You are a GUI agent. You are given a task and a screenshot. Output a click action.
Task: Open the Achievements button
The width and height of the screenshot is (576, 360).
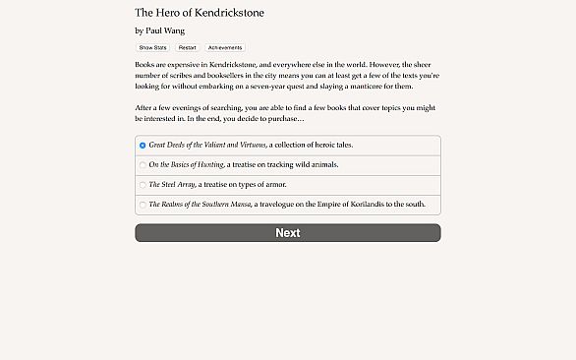click(224, 47)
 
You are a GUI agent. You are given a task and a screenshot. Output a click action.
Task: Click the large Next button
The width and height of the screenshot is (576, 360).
click(287, 233)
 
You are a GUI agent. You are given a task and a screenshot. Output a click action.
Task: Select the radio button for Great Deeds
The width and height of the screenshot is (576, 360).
click(143, 146)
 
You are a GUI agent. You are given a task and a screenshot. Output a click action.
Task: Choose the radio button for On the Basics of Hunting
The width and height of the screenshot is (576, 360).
click(143, 165)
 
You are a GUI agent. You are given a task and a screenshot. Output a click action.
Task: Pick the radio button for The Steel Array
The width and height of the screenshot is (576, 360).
click(143, 185)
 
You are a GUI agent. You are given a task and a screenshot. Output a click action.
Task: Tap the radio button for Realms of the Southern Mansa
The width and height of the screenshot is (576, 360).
click(143, 205)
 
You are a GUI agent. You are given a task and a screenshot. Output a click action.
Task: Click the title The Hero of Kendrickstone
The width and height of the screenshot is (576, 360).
click(199, 13)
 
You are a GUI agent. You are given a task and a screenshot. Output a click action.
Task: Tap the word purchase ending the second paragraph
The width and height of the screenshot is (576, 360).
click(285, 119)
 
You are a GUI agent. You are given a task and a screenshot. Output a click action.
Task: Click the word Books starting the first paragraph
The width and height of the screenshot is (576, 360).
click(146, 63)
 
